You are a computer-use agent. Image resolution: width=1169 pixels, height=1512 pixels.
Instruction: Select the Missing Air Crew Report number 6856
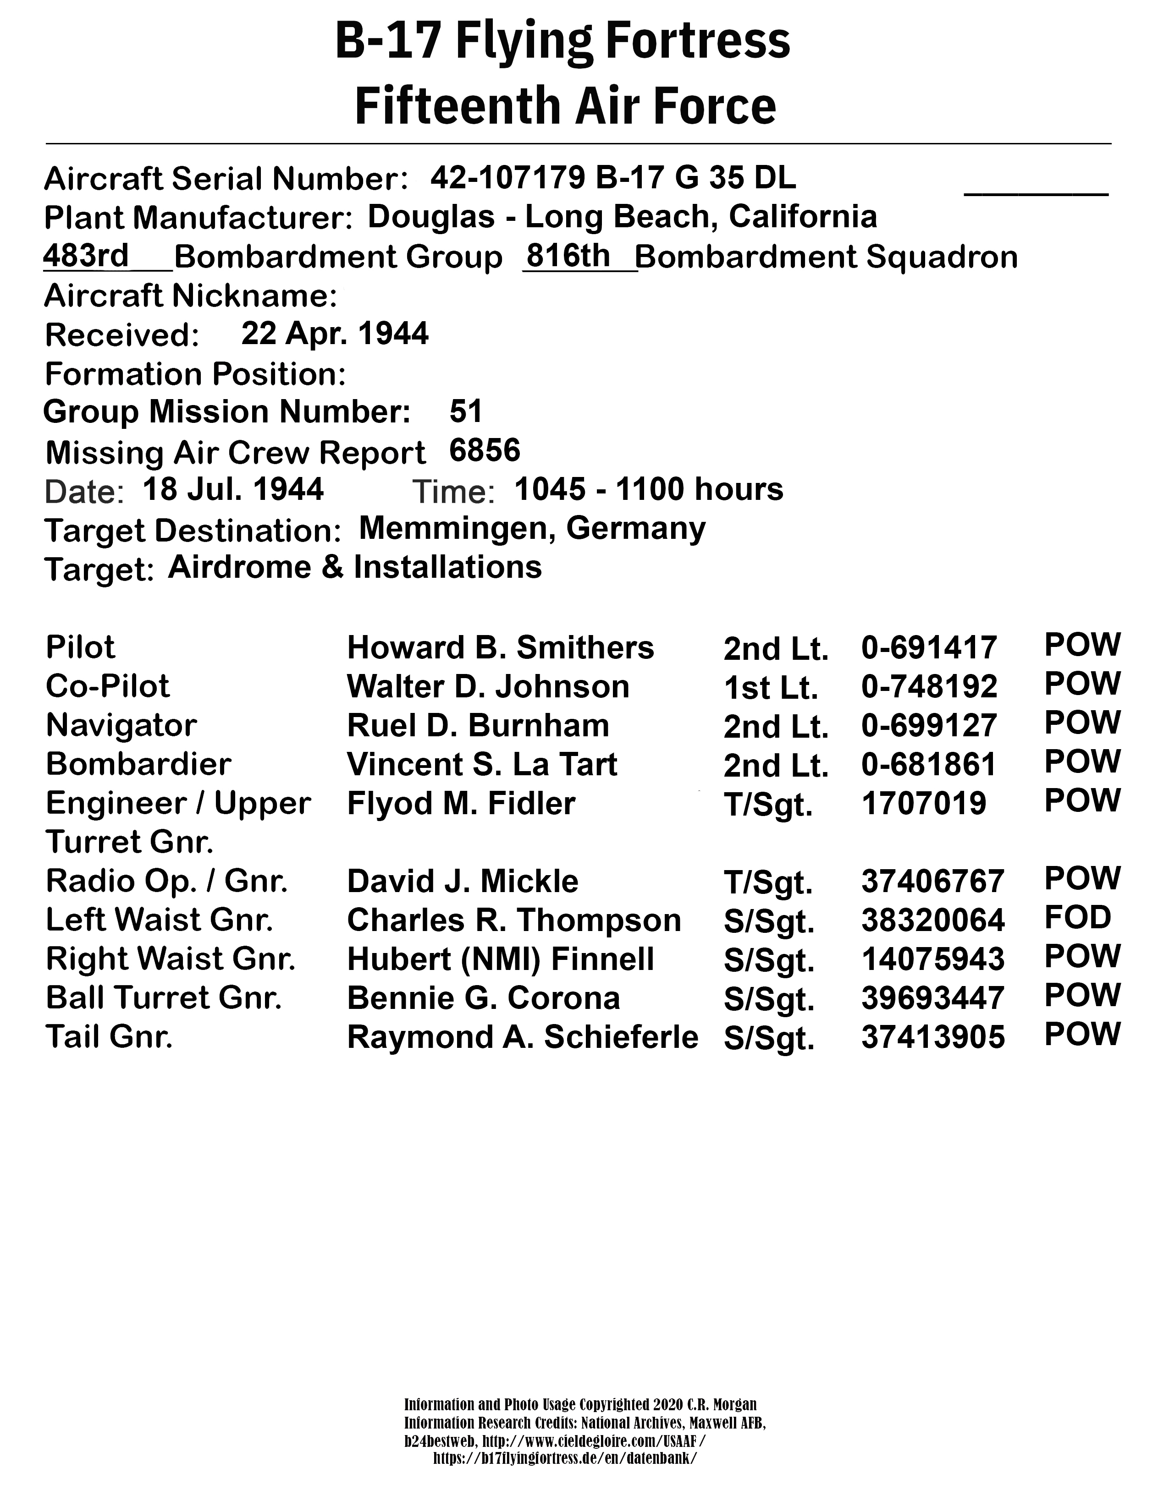[x=484, y=451]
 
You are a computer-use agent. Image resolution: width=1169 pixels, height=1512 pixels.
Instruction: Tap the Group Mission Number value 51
[x=465, y=411]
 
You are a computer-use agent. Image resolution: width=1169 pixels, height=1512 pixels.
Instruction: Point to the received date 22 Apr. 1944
[x=335, y=334]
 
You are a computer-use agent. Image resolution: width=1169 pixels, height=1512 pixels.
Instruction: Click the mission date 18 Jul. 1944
[x=233, y=489]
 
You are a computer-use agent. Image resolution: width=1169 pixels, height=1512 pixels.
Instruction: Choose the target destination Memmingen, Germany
[x=532, y=529]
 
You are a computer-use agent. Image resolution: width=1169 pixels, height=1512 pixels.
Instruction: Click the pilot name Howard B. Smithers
[x=500, y=648]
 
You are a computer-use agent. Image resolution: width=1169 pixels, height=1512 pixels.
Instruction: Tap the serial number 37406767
[x=932, y=881]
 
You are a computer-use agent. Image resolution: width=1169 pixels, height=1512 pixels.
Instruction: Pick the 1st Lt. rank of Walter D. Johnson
[x=770, y=687]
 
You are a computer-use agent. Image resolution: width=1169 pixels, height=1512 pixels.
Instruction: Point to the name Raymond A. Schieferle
[x=522, y=1037]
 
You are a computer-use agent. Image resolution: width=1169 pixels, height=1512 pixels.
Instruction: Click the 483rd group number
[x=86, y=256]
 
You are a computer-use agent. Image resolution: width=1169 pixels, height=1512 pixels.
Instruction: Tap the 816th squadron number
[x=567, y=256]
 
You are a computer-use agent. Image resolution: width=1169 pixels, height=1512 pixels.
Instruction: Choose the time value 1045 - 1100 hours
[x=649, y=489]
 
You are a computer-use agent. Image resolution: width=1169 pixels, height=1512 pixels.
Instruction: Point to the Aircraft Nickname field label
[x=190, y=296]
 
